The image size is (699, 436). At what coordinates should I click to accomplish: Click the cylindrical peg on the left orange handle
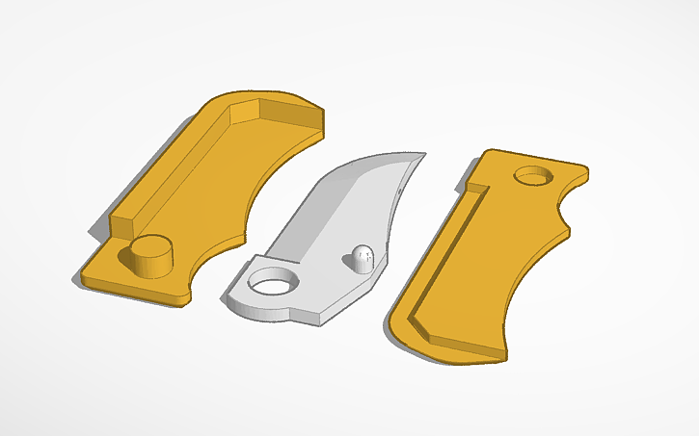[x=149, y=256]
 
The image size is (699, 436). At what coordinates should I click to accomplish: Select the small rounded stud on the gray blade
[x=361, y=258]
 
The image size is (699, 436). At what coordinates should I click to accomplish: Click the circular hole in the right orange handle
[x=532, y=176]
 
